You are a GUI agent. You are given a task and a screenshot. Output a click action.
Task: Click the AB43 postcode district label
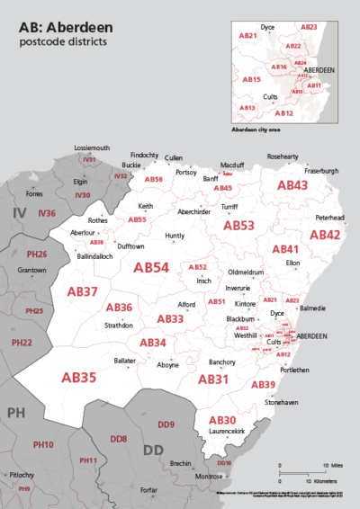tap(292, 185)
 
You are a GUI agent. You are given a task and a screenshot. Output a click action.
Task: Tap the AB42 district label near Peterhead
tap(324, 234)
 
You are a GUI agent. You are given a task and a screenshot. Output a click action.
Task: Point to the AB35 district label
tap(79, 378)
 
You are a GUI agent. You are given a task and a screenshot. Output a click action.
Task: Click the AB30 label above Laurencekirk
tap(222, 420)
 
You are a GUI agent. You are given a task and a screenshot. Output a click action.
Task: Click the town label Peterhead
tap(329, 218)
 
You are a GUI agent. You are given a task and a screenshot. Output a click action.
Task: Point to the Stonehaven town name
tap(283, 404)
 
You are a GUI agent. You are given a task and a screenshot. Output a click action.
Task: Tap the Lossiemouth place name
tap(91, 147)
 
